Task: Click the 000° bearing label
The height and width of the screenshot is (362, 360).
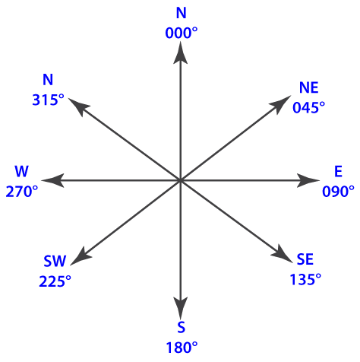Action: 182,33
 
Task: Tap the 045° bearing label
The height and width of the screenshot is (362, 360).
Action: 308,107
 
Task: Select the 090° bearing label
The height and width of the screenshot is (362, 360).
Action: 338,191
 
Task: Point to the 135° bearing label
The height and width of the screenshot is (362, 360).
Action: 305,279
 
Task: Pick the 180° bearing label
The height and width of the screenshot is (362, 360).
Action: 182,348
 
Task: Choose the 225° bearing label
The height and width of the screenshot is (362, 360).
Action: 55,281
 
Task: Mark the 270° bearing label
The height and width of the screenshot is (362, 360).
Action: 22,191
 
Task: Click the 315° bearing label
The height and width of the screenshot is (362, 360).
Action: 48,100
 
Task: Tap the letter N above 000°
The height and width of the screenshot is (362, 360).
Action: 182,13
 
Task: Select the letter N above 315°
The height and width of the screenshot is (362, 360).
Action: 48,80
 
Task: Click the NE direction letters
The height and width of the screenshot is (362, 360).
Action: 308,87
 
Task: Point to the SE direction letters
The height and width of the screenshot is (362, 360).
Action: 305,259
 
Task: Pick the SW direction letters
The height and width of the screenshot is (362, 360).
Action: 55,261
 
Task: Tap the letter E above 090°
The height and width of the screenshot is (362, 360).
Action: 338,171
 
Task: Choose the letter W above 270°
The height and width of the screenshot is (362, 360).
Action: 21,171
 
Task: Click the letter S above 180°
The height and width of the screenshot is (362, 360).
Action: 182,327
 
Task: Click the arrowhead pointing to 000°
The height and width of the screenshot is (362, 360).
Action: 180,52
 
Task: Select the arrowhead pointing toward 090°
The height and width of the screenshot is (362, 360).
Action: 308,180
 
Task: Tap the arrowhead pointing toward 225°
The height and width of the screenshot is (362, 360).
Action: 81,256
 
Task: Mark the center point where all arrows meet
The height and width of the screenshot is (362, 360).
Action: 180,180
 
